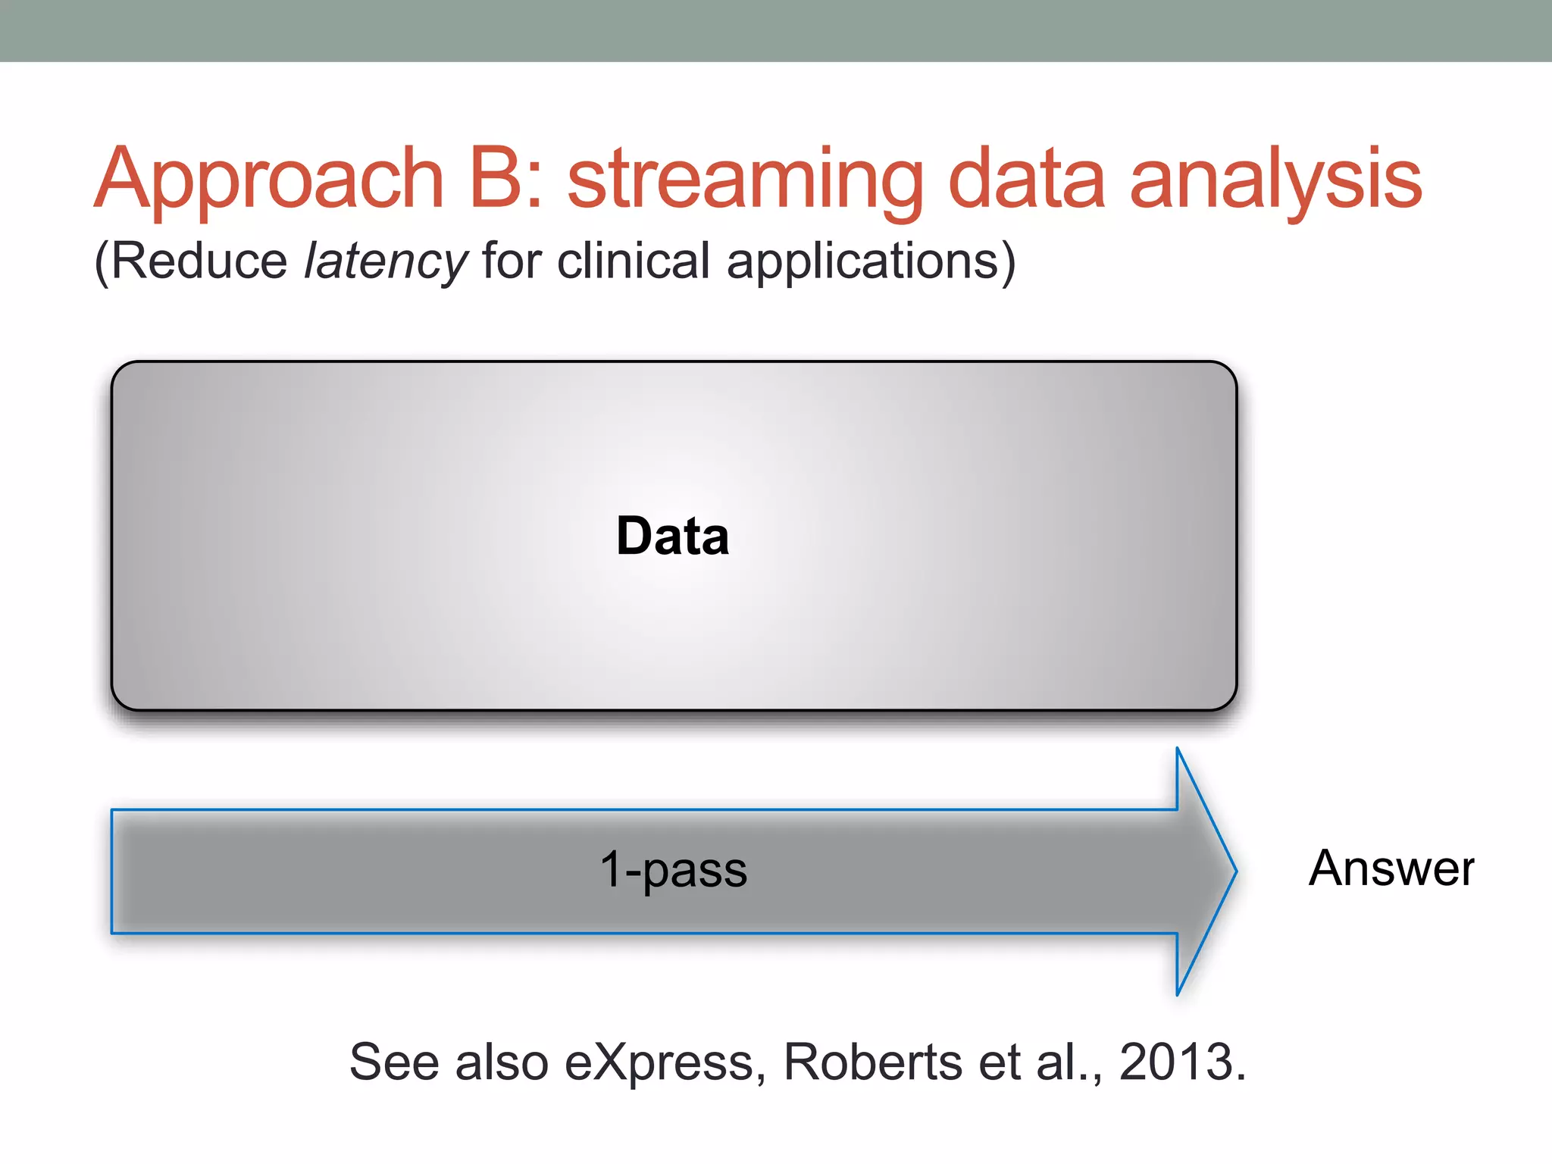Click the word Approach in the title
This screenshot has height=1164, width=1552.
pos(268,180)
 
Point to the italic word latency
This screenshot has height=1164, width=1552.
pos(386,262)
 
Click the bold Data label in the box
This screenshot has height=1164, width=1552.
pos(672,537)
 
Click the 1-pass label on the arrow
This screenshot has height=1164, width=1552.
pos(673,869)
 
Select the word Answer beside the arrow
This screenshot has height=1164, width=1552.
pos(1391,868)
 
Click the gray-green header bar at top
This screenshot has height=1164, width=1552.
pos(776,30)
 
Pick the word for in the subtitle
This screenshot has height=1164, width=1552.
pos(512,261)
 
